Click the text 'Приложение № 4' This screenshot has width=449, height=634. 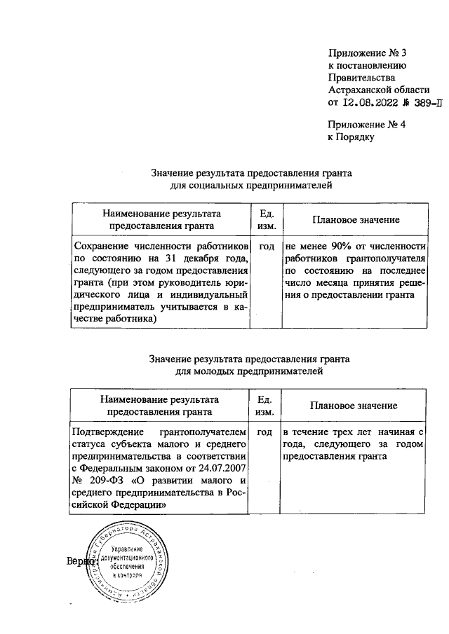(368, 124)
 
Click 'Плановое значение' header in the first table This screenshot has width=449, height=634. (356, 220)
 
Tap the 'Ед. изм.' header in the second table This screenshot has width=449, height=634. (265, 406)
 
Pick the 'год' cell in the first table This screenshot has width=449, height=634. (267, 247)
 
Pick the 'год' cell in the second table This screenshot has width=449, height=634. (265, 432)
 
